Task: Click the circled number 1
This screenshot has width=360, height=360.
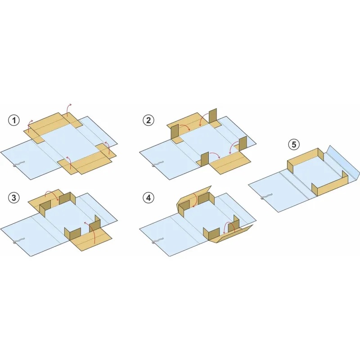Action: pos(14,120)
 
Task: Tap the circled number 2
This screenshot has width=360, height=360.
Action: pos(148,120)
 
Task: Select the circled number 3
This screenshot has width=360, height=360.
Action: pos(14,198)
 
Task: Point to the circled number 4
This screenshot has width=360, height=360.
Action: pos(148,198)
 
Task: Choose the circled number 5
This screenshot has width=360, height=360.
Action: pos(294,144)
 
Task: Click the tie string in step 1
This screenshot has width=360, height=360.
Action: pos(18,164)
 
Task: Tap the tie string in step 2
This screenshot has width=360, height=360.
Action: pos(157,164)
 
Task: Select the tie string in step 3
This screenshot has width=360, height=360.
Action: pos(18,241)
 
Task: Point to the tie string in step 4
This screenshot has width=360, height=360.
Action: pos(157,241)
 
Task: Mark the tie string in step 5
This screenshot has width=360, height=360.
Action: pos(266,197)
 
